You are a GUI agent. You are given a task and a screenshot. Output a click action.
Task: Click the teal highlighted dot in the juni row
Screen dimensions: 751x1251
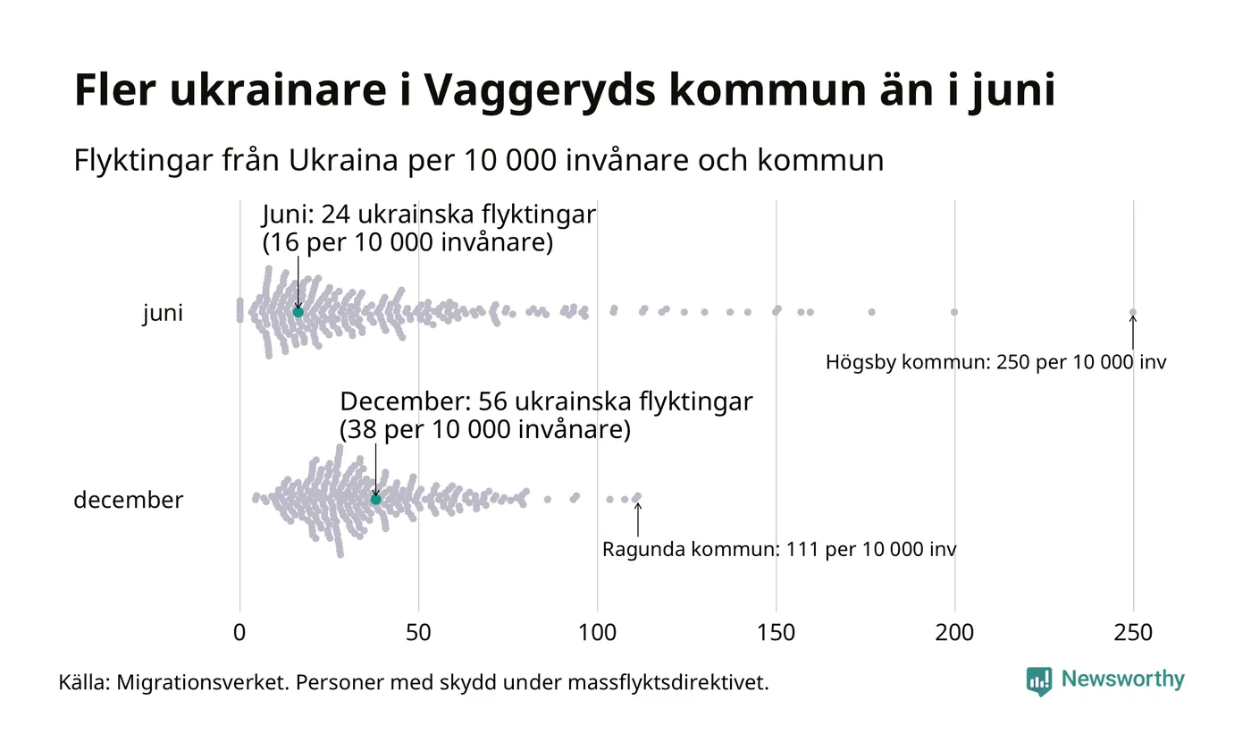click(x=298, y=312)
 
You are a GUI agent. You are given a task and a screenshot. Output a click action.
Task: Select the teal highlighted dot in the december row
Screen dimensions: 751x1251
click(x=375, y=499)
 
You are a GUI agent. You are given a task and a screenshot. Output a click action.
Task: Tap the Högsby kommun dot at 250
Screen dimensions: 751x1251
click(x=1133, y=312)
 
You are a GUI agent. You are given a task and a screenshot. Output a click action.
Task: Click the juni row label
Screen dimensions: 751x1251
click(x=163, y=314)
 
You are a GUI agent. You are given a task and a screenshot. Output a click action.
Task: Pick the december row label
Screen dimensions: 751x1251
click(x=128, y=500)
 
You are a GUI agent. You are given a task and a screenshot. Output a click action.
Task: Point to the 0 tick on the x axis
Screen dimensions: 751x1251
click(x=239, y=633)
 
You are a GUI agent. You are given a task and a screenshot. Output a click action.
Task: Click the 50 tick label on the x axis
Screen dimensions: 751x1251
click(x=418, y=633)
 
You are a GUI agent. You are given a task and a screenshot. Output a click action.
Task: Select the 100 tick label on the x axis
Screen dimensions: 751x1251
click(x=597, y=633)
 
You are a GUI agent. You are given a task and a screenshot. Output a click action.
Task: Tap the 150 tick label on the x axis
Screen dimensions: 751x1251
click(x=776, y=633)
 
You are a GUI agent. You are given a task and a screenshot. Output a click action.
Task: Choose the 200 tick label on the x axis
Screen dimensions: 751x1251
click(x=954, y=633)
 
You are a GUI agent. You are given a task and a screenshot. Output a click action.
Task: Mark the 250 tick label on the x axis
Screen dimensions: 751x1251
click(x=1133, y=633)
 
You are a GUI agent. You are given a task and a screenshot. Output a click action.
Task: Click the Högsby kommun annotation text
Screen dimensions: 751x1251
click(x=995, y=363)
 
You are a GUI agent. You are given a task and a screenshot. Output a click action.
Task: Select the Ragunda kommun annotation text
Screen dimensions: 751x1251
click(x=779, y=549)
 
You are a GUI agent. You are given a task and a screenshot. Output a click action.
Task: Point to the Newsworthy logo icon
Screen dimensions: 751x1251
click(x=1039, y=681)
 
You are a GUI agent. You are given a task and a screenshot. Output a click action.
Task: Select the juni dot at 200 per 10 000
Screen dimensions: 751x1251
click(x=954, y=312)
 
